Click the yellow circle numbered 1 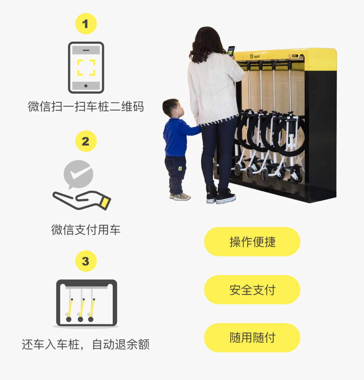tap(86, 24)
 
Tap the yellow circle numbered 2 tap(86, 141)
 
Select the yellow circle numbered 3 tap(86, 261)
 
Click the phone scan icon tap(86, 68)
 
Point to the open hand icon tap(82, 200)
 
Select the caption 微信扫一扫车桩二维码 tap(86, 106)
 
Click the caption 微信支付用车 tap(86, 229)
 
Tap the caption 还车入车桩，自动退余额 tap(85, 344)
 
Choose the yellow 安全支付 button tap(252, 290)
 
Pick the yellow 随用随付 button tap(252, 338)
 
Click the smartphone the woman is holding tap(231, 51)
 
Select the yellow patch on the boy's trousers tap(180, 168)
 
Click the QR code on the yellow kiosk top tap(252, 56)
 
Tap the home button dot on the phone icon tap(86, 86)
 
